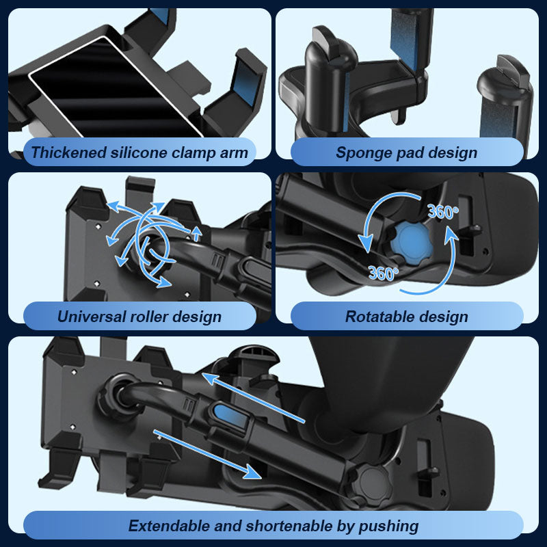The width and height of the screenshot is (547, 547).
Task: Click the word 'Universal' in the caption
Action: [92, 317]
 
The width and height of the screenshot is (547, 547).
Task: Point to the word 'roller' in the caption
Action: [149, 317]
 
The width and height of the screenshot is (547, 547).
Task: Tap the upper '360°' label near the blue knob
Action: [442, 211]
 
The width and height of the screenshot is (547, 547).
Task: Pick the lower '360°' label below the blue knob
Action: [383, 273]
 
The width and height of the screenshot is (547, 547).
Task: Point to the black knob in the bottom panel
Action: [371, 482]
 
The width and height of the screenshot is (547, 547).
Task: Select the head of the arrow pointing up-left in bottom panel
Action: [211, 378]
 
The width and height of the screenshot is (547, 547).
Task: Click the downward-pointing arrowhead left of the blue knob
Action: [366, 243]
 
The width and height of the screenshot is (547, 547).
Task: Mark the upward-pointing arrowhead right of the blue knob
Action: [451, 233]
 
